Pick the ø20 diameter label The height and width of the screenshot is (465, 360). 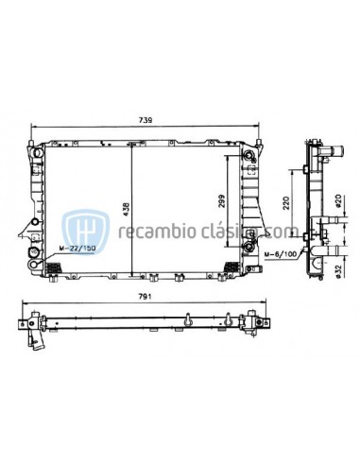click(x=337, y=202)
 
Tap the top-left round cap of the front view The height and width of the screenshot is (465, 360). click(x=38, y=150)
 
